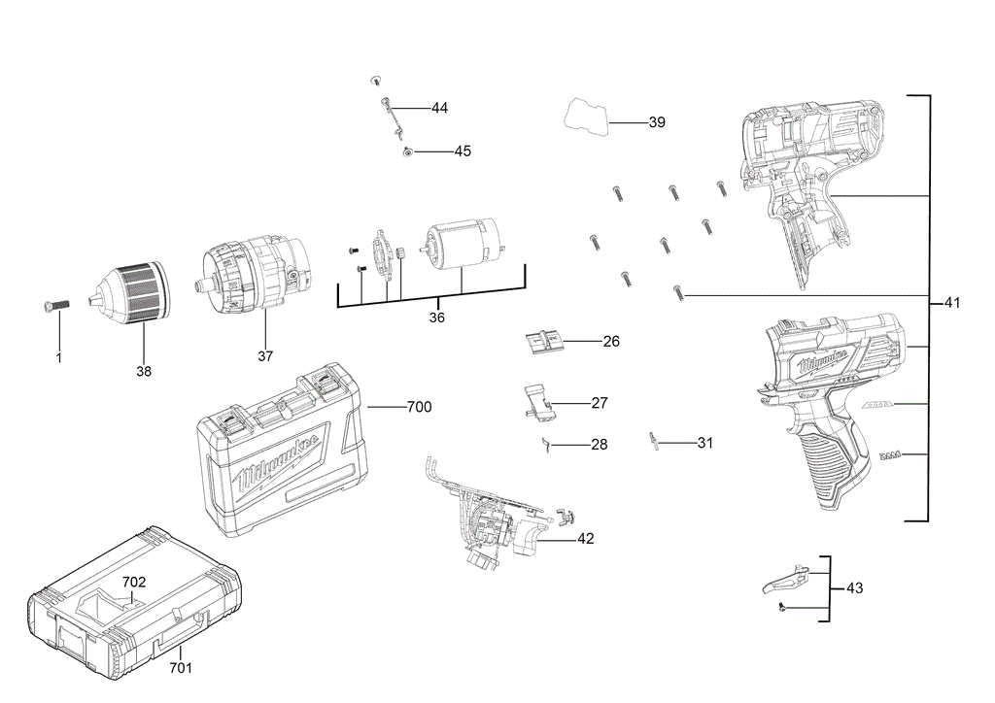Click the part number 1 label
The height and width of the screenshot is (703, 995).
click(x=58, y=358)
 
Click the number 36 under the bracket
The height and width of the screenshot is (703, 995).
click(x=436, y=318)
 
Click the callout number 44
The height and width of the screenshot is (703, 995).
click(x=439, y=108)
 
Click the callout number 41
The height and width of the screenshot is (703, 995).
click(x=951, y=303)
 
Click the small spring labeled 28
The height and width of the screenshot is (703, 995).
click(x=547, y=444)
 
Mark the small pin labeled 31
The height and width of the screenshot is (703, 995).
click(x=656, y=441)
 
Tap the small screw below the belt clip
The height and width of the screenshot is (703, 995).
click(x=781, y=607)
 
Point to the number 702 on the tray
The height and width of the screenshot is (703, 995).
click(x=134, y=582)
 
